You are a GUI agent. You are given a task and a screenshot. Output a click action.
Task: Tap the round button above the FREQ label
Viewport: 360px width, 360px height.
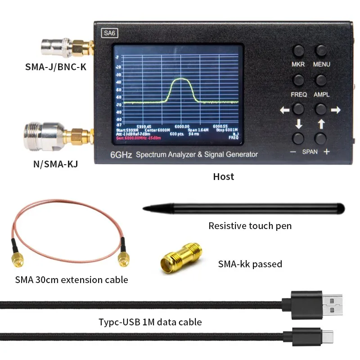pyautogui.click(x=299, y=80)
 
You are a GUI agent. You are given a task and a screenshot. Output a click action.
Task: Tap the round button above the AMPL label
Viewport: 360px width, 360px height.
pyautogui.click(x=321, y=80)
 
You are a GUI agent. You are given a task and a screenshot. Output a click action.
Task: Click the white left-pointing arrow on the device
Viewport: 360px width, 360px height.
pyautogui.click(x=285, y=110)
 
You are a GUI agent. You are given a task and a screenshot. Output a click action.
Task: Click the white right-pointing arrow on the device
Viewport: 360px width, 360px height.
pyautogui.click(x=335, y=110)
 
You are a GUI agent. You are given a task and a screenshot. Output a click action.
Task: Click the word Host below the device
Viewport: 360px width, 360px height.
pyautogui.click(x=224, y=176)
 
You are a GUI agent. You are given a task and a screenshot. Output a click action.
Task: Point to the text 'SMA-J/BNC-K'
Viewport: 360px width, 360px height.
pyautogui.click(x=56, y=67)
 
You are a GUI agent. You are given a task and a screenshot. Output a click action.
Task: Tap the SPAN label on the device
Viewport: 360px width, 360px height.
pyautogui.click(x=310, y=152)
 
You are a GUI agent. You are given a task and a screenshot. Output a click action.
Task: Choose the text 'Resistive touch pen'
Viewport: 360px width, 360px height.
pyautogui.click(x=250, y=225)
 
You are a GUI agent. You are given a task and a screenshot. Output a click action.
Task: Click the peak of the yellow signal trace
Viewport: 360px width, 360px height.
pyautogui.click(x=180, y=79)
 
